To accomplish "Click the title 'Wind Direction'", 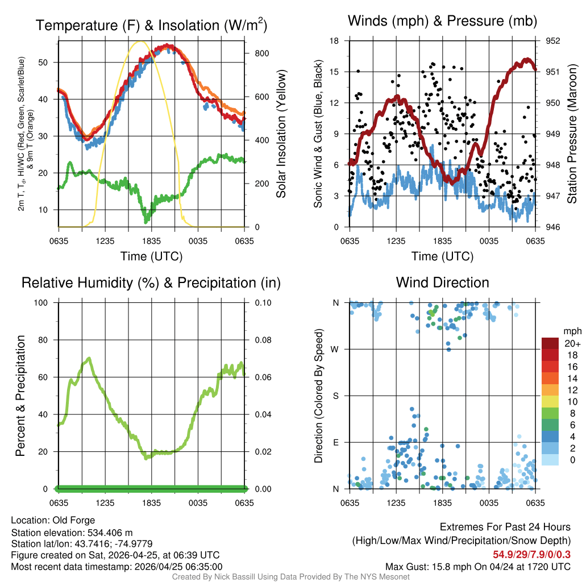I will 442,282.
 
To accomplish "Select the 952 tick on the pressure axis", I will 552,41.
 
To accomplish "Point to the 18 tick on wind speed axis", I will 335,41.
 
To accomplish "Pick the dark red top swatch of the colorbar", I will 550,343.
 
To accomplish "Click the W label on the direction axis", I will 336,349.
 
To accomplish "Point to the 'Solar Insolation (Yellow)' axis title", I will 281,134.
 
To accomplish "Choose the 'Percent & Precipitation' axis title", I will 20,396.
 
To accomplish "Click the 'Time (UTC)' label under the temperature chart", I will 151,256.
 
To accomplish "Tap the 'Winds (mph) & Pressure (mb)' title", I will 442,22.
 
